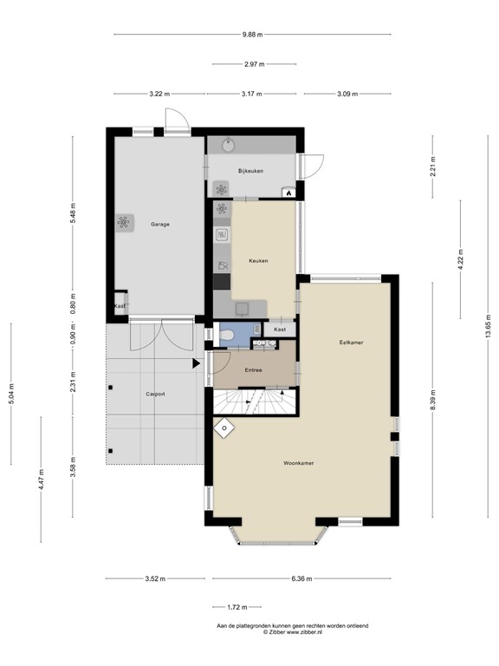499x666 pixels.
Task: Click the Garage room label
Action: pos(160,225)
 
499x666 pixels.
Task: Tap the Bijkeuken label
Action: pos(250,171)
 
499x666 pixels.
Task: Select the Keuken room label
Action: pos(258,261)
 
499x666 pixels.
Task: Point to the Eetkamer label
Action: pos(352,343)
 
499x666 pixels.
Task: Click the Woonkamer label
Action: pos(299,463)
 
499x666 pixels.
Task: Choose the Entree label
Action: pos(253,370)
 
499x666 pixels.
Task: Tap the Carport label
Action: pos(155,395)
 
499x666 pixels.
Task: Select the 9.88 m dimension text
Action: pos(252,35)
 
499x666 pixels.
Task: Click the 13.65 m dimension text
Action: pos(489,326)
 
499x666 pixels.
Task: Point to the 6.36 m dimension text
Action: pos(301,578)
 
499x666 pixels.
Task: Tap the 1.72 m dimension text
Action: pos(237,607)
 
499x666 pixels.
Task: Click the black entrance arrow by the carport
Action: pos(196,363)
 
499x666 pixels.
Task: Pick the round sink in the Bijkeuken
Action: pos(229,145)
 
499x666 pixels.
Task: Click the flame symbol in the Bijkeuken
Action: pos(288,193)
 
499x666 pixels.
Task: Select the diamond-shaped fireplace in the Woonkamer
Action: pos(224,428)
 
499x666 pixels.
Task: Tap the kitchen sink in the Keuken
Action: pos(243,310)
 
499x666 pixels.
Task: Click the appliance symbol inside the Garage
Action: pos(124,222)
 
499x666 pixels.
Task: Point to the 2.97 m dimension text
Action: pos(254,64)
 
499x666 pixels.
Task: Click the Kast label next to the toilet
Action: pos(280,330)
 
